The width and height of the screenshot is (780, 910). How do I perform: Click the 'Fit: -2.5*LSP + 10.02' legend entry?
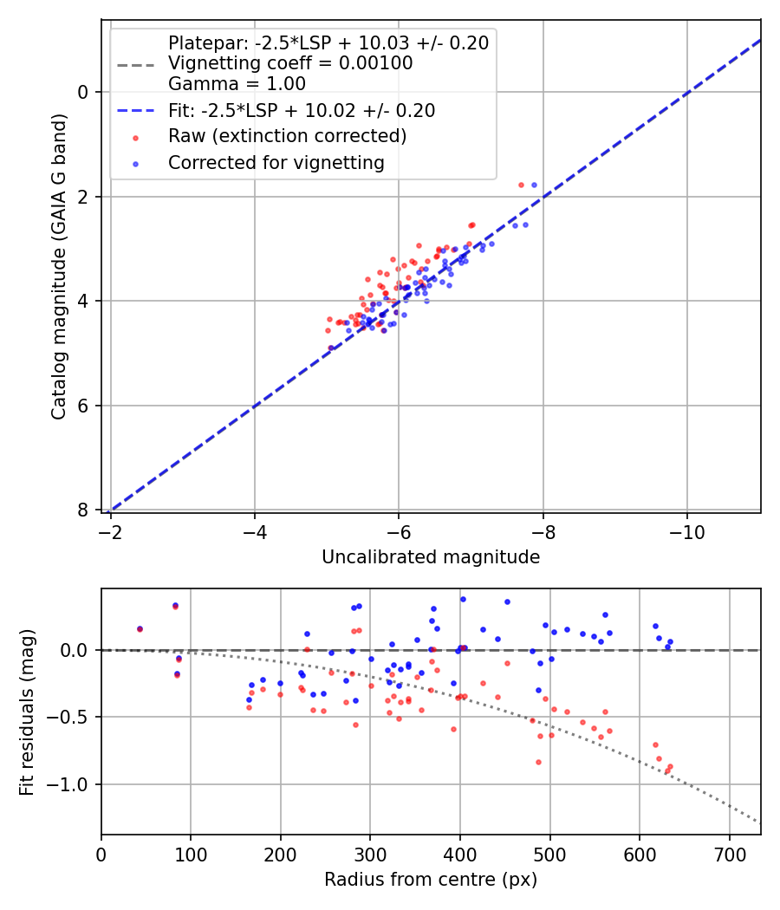click(x=302, y=111)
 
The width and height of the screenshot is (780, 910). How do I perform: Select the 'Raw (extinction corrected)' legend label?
click(x=287, y=137)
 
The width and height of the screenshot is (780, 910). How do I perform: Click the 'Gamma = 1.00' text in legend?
click(x=237, y=84)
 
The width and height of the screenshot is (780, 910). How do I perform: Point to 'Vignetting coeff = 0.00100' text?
click(x=290, y=63)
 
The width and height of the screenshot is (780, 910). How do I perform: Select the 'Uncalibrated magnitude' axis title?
click(x=431, y=557)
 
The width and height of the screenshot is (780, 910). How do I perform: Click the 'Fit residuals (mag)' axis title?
click(x=27, y=712)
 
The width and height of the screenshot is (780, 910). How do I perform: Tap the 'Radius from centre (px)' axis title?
click(x=431, y=880)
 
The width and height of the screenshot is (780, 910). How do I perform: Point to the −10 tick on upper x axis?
click(x=687, y=530)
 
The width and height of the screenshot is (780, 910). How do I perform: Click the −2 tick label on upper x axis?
click(x=110, y=530)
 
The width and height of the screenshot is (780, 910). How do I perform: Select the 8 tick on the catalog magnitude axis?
click(x=84, y=510)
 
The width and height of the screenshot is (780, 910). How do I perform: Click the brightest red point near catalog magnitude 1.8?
click(x=521, y=185)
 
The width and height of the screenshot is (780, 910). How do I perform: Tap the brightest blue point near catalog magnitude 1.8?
click(x=534, y=185)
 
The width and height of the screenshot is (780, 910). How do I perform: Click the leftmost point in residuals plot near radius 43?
click(x=140, y=629)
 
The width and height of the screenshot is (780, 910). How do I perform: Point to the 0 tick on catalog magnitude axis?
click(x=84, y=92)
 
